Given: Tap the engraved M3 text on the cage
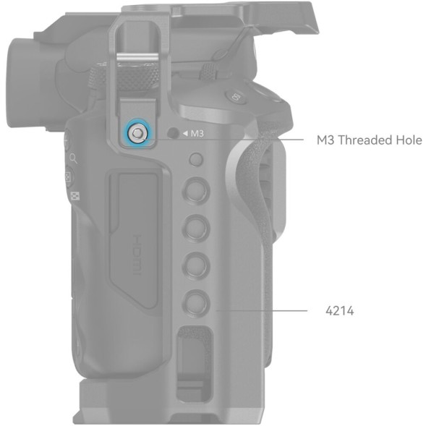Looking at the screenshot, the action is pos(197,134).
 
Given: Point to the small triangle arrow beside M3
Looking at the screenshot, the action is pos(185,133).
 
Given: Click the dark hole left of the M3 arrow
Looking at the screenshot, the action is pos(173,133).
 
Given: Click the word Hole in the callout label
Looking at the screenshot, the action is pos(409,140).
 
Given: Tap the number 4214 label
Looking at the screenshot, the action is pos(340,311).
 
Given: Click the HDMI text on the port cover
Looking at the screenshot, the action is pos(137,255).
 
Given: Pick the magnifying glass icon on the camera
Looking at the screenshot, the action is pos(73,158).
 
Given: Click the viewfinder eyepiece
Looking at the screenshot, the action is pos(26,82).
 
